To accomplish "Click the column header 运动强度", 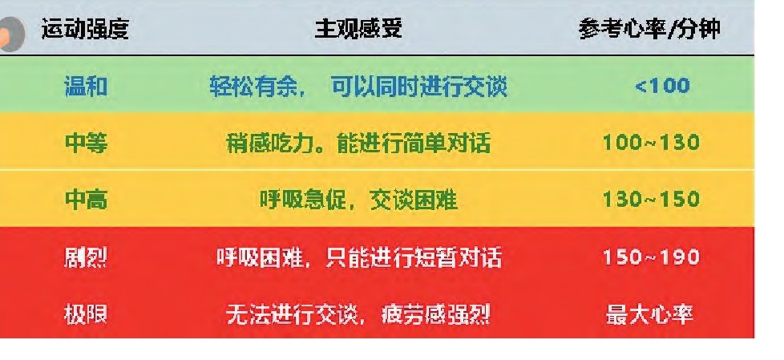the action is [84, 29].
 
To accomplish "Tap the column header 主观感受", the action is [358, 29].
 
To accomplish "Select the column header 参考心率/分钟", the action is [649, 30].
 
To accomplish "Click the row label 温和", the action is [86, 87].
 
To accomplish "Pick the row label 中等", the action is [86, 144].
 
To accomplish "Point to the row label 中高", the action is [86, 200].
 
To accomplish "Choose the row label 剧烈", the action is [86, 258].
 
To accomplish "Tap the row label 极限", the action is [86, 315].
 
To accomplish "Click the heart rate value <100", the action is [662, 86].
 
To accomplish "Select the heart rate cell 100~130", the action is [651, 143].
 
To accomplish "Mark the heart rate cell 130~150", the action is [651, 200].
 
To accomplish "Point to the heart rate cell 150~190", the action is [651, 257].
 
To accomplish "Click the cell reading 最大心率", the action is [649, 315].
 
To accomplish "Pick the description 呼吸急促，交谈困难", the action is [358, 200].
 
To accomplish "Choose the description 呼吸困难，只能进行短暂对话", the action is [358, 258].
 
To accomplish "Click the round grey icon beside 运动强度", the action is [11, 34].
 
